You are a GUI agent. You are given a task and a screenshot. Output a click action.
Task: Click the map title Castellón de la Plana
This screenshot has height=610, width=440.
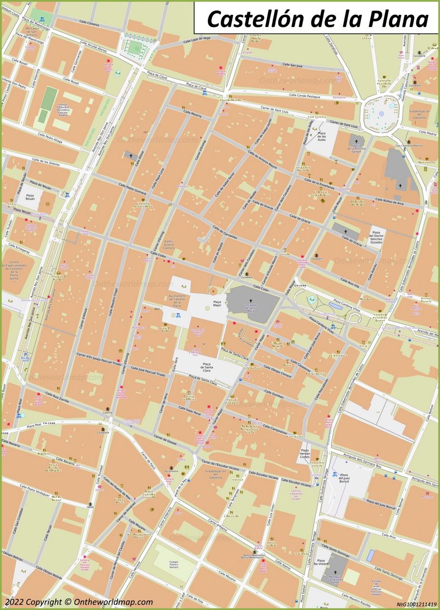tap(317, 19)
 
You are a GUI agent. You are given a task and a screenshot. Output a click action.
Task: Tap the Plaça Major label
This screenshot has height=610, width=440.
tap(217, 304)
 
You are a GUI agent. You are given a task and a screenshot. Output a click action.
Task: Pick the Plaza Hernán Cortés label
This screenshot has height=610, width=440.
tap(305, 456)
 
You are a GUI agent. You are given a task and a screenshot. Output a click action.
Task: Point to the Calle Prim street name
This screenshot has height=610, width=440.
tap(389, 535)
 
